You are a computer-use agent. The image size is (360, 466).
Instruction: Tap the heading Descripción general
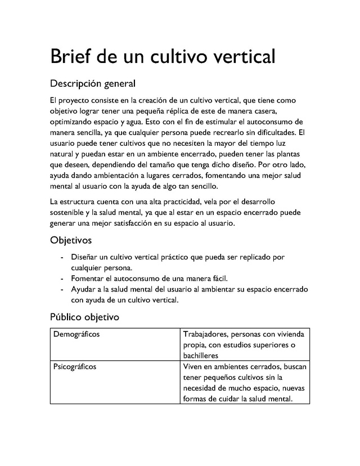(x=93, y=84)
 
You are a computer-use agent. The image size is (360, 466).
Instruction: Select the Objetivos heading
(x=71, y=240)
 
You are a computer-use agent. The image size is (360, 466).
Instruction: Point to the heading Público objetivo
(x=84, y=317)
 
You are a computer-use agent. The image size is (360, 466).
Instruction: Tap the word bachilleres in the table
(x=203, y=356)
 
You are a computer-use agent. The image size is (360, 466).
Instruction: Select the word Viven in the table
(x=193, y=367)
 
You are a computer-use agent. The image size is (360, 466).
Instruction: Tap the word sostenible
(x=69, y=212)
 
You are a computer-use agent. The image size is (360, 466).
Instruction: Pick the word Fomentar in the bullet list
(x=88, y=279)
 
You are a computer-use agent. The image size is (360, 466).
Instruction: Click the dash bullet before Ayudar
(x=61, y=289)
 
